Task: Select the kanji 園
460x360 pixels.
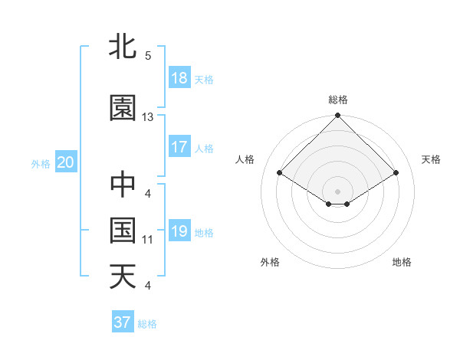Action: [x=123, y=109]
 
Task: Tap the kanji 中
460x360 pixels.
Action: [x=123, y=185]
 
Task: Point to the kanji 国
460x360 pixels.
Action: [x=123, y=231]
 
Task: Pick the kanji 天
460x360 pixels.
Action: [x=123, y=277]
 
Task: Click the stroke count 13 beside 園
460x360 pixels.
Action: [x=148, y=117]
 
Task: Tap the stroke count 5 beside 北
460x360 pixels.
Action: [x=148, y=56]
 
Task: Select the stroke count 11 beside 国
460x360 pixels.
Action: [x=148, y=240]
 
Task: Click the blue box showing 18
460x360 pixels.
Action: [x=179, y=78]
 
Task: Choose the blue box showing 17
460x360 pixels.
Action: [x=179, y=147]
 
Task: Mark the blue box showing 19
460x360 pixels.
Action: [x=179, y=231]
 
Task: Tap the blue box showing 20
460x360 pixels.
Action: [x=66, y=162]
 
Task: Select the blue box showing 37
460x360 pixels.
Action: [x=123, y=322]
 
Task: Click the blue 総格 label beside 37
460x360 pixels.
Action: [x=147, y=324]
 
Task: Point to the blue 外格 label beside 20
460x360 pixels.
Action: [x=41, y=163]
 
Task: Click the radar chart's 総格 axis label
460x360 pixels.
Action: [x=338, y=100]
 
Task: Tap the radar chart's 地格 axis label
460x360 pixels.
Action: [x=402, y=262]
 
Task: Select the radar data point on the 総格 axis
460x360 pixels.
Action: [x=338, y=116]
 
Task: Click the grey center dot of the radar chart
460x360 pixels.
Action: [x=338, y=190]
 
